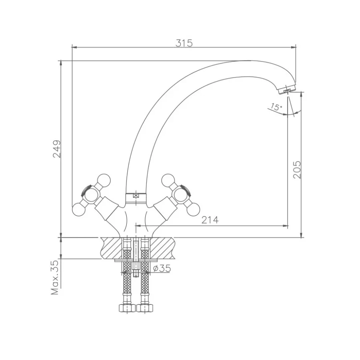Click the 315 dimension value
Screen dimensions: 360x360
pyautogui.click(x=184, y=43)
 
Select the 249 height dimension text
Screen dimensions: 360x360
pyautogui.click(x=57, y=149)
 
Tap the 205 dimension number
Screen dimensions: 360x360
pyautogui.click(x=297, y=170)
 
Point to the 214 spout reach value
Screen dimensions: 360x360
pyautogui.click(x=210, y=220)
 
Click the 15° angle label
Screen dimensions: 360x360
pyautogui.click(x=276, y=107)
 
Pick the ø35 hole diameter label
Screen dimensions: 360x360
pyautogui.click(x=162, y=268)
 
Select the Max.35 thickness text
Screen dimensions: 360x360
pyautogui.click(x=55, y=278)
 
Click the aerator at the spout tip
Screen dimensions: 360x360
pyautogui.click(x=287, y=90)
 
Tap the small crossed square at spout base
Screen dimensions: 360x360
pyautogui.click(x=136, y=196)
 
